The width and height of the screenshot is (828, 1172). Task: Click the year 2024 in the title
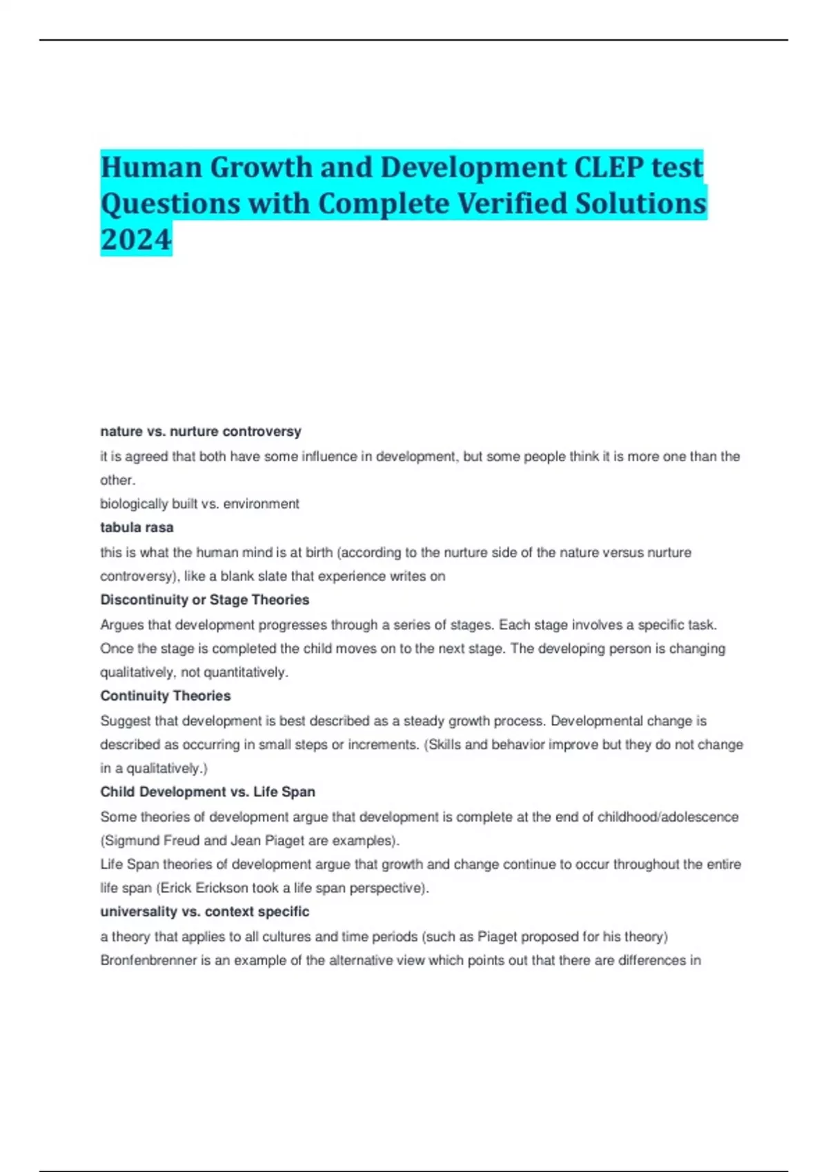[x=136, y=239]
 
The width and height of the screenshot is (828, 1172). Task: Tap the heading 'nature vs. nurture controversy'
[x=201, y=432]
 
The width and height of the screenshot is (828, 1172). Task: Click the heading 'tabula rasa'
[x=137, y=527]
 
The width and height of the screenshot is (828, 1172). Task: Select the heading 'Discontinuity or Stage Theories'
[x=205, y=600]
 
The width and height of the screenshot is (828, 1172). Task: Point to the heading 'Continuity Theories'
[x=166, y=696]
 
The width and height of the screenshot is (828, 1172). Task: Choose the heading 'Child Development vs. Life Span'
[x=208, y=791]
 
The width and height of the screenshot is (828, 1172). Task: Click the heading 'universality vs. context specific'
[x=205, y=911]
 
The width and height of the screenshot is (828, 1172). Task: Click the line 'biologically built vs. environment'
[x=199, y=504]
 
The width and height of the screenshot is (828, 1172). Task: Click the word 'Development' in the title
[x=473, y=168]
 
